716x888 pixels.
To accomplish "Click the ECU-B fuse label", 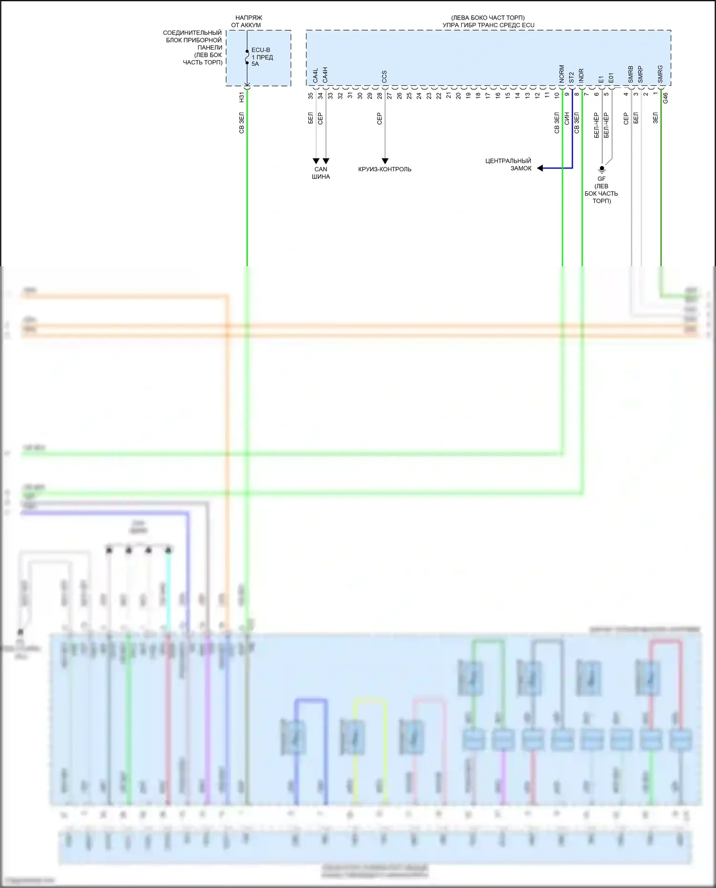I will tap(261, 50).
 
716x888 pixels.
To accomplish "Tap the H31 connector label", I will tap(242, 97).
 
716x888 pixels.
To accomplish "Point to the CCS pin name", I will tap(384, 77).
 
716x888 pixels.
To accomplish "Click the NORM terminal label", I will tap(562, 74).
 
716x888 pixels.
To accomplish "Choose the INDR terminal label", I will tap(581, 76).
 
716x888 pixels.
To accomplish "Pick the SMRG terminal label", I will tap(660, 74).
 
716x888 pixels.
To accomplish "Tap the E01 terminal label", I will tap(611, 78).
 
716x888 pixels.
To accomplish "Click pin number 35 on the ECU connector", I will tap(311, 95).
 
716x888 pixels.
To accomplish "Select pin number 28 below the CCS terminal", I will tap(379, 95).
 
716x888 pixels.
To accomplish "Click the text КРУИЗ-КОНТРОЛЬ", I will tap(385, 169).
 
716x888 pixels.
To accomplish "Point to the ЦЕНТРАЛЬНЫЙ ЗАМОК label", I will tap(509, 165).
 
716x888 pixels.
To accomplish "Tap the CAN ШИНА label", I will tap(321, 173).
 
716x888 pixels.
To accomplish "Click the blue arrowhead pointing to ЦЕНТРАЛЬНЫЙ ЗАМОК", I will tap(540, 168).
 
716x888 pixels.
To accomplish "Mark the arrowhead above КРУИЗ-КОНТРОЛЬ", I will tap(385, 161).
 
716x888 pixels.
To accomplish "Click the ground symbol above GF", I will tap(602, 169).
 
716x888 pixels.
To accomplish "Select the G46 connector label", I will tap(665, 98).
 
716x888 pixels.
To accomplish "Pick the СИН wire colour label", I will tap(567, 119).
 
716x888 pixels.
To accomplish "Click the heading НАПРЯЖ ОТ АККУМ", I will tap(247, 21).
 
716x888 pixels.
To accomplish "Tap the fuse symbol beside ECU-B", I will tap(247, 57).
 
